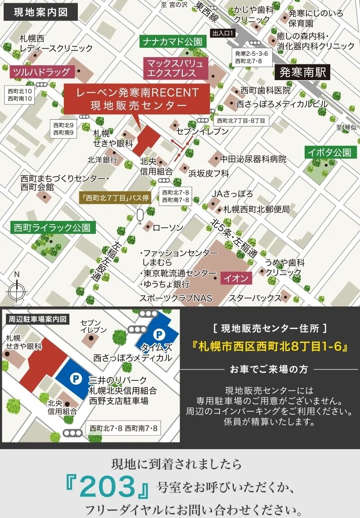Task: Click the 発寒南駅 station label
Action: click(302, 72)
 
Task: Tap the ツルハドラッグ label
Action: click(41, 72)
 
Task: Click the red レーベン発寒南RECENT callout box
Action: click(137, 99)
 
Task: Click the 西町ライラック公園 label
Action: click(53, 228)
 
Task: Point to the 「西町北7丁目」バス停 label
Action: click(115, 198)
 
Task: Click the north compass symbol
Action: click(17, 290)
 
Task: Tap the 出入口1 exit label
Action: click(223, 33)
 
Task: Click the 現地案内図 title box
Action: click(41, 12)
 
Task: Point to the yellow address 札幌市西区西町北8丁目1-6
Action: click(270, 347)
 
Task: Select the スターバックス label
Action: click(255, 298)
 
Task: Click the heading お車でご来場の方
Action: click(269, 369)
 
